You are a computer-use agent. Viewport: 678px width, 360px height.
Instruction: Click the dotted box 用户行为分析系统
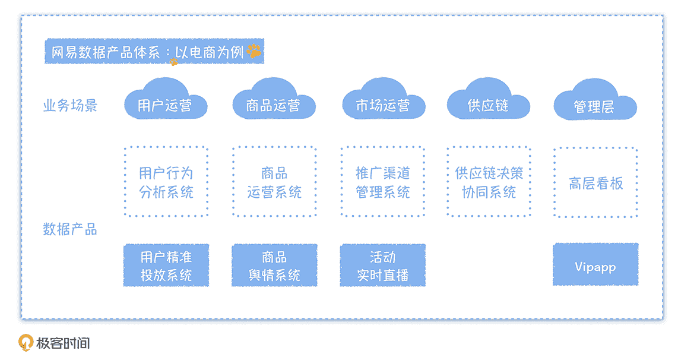[166, 182]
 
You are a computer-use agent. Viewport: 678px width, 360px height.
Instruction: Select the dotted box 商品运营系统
[274, 182]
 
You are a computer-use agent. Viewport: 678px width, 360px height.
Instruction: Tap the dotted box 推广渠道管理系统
[382, 182]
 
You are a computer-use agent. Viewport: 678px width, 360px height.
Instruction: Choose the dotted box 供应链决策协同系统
[489, 182]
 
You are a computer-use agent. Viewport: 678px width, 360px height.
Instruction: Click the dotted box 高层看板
[595, 183]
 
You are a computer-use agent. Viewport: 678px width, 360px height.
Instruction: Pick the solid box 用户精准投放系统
[166, 266]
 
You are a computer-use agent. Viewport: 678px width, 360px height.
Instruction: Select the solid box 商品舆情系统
[274, 266]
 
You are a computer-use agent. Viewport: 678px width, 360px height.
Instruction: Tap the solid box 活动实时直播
[382, 266]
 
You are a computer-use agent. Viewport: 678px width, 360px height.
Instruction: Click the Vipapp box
[595, 265]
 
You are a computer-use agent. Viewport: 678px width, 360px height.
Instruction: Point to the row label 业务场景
[70, 106]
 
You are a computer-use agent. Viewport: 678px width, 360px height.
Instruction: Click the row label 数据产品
[70, 229]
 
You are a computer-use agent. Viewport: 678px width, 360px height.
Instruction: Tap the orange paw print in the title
[254, 51]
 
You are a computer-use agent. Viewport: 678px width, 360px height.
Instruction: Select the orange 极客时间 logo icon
[26, 343]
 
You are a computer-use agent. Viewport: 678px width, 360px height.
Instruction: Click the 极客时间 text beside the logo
[63, 343]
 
